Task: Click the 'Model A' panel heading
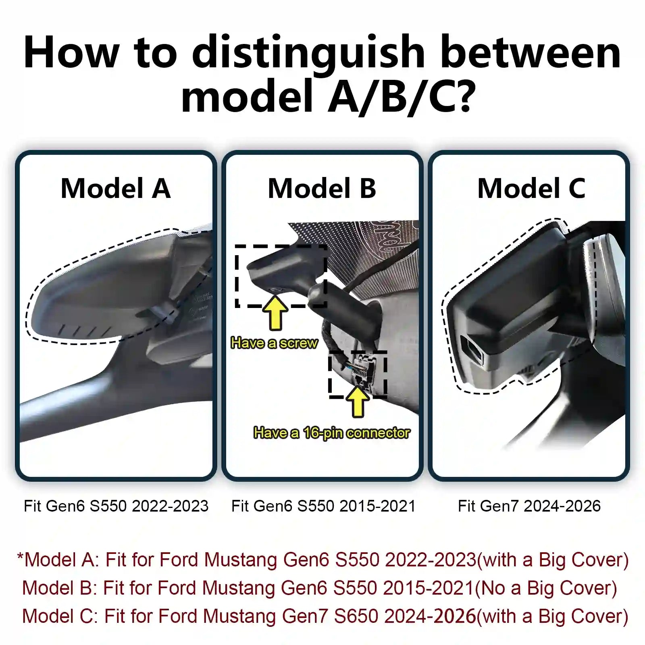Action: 116,188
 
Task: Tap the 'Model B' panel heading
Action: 322,188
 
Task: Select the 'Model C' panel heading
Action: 531,188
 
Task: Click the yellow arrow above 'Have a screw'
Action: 275,312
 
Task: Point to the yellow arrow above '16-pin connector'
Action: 358,401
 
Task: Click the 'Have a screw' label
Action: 274,343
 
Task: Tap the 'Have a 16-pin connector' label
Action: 331,433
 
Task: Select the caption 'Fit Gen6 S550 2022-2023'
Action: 116,506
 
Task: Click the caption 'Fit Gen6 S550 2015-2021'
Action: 323,506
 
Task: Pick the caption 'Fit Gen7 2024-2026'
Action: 529,506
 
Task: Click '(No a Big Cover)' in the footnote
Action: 546,588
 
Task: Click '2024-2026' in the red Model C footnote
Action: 430,616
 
